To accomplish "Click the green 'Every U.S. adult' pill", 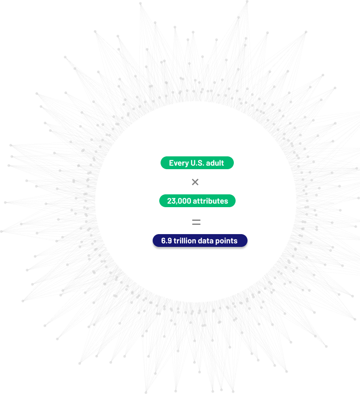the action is pyautogui.click(x=197, y=163).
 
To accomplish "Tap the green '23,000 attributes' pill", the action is pyautogui.click(x=197, y=201).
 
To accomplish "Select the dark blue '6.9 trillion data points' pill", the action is pyautogui.click(x=200, y=240).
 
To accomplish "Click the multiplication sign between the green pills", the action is pyautogui.click(x=195, y=182).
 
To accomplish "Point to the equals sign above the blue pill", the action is pyautogui.click(x=196, y=222).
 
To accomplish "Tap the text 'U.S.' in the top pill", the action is pyautogui.click(x=197, y=163).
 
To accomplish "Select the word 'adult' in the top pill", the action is pyautogui.click(x=215, y=163).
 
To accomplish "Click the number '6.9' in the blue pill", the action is pyautogui.click(x=166, y=241).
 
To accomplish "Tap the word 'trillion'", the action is pyautogui.click(x=185, y=241).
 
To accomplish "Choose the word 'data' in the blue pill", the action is pyautogui.click(x=206, y=241).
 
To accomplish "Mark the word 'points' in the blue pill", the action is pyautogui.click(x=226, y=241).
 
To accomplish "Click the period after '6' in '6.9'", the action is pyautogui.click(x=166, y=243).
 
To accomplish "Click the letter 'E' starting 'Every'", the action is pyautogui.click(x=172, y=163).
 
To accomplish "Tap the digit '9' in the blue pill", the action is pyautogui.click(x=170, y=241).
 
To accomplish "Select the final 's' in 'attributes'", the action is pyautogui.click(x=226, y=202).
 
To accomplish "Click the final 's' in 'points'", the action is pyautogui.click(x=236, y=242).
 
